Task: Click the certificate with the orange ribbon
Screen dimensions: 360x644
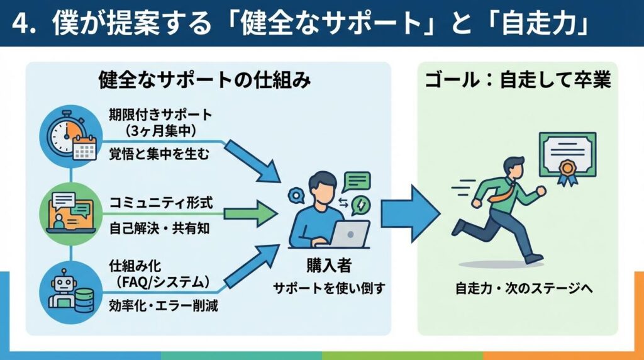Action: pos(567,158)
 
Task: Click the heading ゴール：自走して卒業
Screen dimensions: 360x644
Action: pos(518,80)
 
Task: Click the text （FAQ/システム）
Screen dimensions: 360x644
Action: pos(163,281)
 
